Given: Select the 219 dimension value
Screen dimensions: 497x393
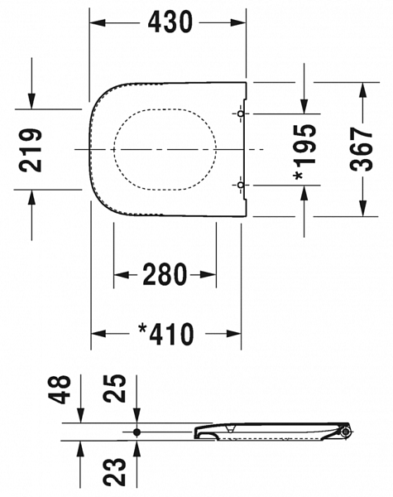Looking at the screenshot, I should pyautogui.click(x=32, y=149).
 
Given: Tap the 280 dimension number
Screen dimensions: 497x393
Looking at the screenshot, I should pyautogui.click(x=166, y=274).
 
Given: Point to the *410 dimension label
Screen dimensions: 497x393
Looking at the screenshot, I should pyautogui.click(x=166, y=334).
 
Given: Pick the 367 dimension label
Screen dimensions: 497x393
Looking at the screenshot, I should pyautogui.click(x=362, y=149).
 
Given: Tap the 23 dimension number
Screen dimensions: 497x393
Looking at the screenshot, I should pyautogui.click(x=118, y=470).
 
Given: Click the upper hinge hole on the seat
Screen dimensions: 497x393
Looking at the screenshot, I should pyautogui.click(x=241, y=113).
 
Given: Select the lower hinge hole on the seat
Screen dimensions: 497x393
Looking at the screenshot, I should pyautogui.click(x=241, y=186).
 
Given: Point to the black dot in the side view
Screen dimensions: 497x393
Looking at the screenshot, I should pyautogui.click(x=137, y=432).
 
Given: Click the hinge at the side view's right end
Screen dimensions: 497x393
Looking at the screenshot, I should pyautogui.click(x=344, y=431).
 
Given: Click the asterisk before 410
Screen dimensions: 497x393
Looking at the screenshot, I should pyautogui.click(x=143, y=331).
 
